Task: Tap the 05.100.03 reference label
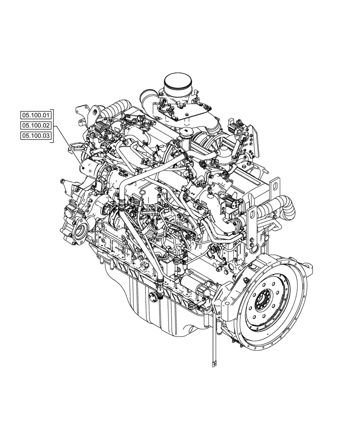36,136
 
